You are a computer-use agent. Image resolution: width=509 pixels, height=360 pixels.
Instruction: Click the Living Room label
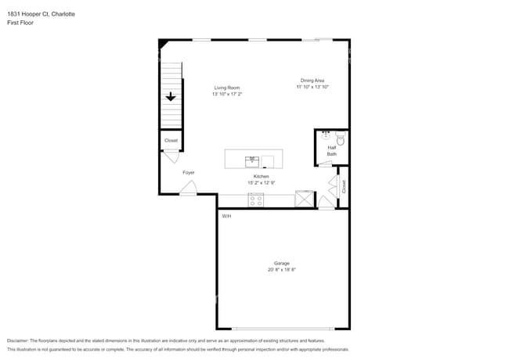click(x=226, y=88)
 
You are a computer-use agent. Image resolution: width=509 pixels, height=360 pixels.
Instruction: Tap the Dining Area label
click(x=312, y=80)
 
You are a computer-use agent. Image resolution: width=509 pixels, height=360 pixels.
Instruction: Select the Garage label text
click(x=281, y=263)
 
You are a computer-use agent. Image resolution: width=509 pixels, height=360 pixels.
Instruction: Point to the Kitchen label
click(x=261, y=176)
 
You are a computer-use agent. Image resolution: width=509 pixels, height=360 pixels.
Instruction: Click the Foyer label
click(x=189, y=172)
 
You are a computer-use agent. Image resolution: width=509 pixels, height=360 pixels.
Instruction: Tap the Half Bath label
click(x=332, y=150)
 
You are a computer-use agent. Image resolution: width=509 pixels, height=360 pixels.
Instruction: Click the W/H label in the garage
click(x=226, y=216)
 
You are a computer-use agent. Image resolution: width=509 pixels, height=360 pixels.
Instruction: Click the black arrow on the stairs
click(x=170, y=97)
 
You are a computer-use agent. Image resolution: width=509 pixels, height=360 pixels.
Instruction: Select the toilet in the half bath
click(x=341, y=140)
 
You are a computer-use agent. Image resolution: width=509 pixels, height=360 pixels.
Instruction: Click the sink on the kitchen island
click(x=252, y=161)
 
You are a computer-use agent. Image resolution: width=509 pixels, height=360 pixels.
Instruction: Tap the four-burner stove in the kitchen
click(x=256, y=200)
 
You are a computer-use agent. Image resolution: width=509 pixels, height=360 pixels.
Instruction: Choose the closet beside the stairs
click(x=171, y=141)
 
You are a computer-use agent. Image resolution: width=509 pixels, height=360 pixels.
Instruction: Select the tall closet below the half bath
click(x=343, y=186)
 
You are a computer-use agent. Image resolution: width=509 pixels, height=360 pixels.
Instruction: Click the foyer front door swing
click(x=188, y=188)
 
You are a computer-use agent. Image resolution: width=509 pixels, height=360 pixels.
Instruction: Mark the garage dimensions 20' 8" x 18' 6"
click(x=281, y=270)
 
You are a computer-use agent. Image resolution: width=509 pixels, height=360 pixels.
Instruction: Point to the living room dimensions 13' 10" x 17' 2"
click(x=226, y=95)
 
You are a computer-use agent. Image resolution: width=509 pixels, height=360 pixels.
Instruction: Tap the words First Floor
click(x=20, y=23)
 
